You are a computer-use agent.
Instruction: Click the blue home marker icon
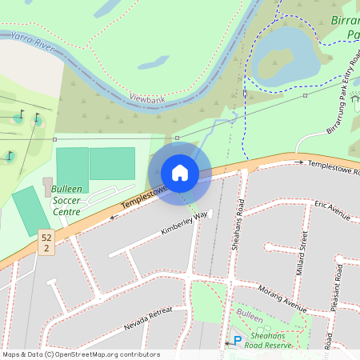180,172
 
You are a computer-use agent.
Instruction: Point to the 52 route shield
46,243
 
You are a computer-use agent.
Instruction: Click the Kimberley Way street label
183,226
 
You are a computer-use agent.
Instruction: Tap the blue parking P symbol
237,341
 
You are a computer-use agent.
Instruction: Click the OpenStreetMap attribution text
81,354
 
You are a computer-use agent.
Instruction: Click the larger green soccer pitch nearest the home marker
112,163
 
